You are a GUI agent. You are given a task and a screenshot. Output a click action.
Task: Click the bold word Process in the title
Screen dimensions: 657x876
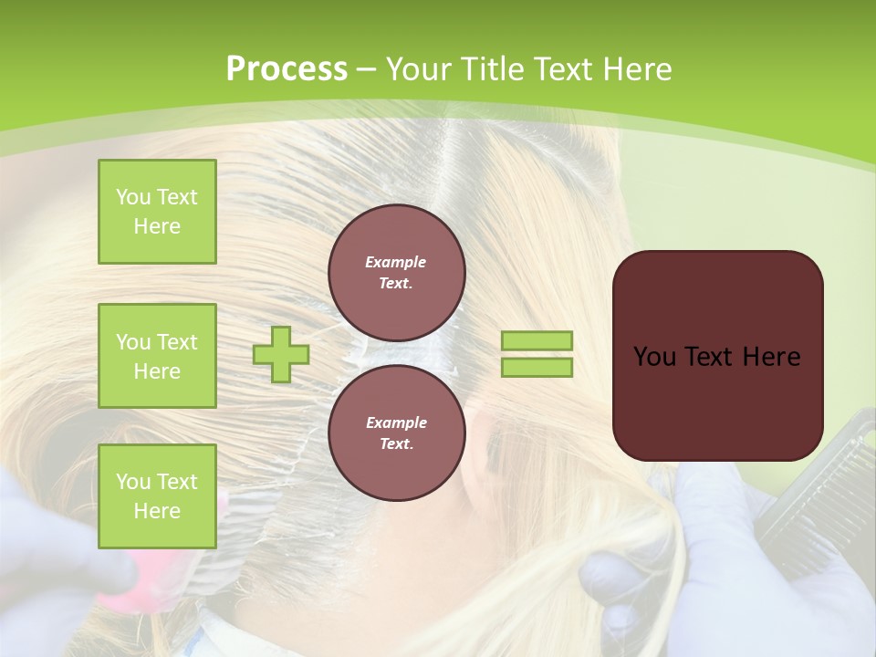point(287,69)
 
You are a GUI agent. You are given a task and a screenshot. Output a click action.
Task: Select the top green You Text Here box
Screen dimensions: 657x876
point(157,212)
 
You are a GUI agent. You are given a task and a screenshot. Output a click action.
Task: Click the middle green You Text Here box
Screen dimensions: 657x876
point(157,356)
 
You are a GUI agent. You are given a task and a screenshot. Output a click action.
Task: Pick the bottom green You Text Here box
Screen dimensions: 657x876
point(157,496)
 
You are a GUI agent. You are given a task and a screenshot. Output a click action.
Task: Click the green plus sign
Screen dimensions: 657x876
point(281,354)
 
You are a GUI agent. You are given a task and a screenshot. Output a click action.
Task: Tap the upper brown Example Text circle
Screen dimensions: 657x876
point(396,273)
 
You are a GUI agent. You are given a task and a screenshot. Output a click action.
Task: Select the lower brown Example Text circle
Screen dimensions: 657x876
point(396,433)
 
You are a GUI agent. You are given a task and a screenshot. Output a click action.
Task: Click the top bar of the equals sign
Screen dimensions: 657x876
point(537,340)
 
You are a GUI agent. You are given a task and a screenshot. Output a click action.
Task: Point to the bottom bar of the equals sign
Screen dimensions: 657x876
point(537,367)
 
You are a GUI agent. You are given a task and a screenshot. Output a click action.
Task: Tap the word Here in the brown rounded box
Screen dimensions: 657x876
point(771,357)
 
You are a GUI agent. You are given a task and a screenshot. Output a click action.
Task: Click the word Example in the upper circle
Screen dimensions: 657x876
point(396,262)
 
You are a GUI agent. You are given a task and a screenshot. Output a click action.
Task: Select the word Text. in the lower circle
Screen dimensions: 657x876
point(396,444)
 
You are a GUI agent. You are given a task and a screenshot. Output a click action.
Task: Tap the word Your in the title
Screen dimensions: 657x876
point(417,69)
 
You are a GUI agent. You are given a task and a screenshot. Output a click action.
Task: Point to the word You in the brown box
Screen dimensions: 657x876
point(654,357)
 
